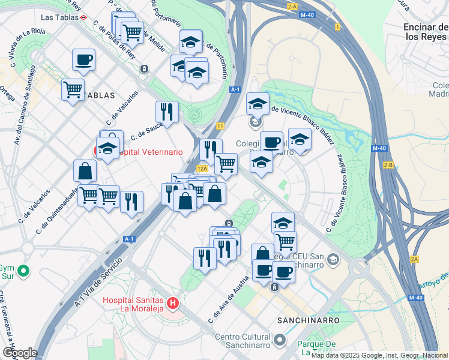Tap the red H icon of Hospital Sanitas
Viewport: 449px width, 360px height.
click(174, 304)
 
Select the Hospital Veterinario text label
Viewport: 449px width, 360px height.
click(150, 152)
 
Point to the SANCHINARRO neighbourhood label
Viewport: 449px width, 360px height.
click(309, 321)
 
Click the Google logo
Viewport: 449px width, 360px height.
click(19, 353)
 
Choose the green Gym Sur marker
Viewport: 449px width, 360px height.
click(23, 271)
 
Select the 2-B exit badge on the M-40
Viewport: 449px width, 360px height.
click(388, 165)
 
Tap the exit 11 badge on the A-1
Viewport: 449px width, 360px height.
click(220, 126)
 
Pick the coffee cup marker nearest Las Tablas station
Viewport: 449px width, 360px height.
click(83, 61)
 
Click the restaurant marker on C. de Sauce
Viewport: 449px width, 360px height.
click(167, 112)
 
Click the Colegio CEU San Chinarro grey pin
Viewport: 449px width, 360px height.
click(334, 260)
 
